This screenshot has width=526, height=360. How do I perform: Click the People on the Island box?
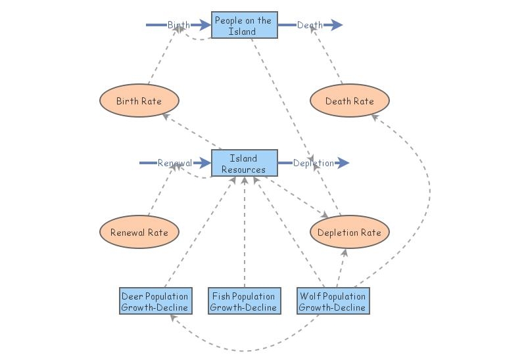(x=244, y=26)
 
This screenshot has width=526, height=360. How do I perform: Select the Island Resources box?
(x=243, y=164)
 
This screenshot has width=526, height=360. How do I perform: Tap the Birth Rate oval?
(x=139, y=101)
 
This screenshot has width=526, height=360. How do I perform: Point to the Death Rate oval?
(x=350, y=101)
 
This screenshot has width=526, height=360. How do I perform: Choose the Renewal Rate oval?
(x=139, y=233)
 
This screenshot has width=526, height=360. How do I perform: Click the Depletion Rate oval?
(x=349, y=233)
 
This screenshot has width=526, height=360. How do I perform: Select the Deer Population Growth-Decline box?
(x=155, y=301)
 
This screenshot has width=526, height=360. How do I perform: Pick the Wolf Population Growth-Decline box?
(x=332, y=301)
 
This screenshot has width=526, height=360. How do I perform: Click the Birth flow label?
(x=178, y=25)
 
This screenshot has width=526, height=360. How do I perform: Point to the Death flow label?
(x=310, y=25)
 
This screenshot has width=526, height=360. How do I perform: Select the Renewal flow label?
(x=174, y=163)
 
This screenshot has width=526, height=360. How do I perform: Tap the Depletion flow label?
(x=313, y=163)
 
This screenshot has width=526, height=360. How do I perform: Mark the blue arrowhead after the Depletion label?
(x=343, y=163)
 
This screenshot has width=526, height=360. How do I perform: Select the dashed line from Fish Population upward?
(x=244, y=236)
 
